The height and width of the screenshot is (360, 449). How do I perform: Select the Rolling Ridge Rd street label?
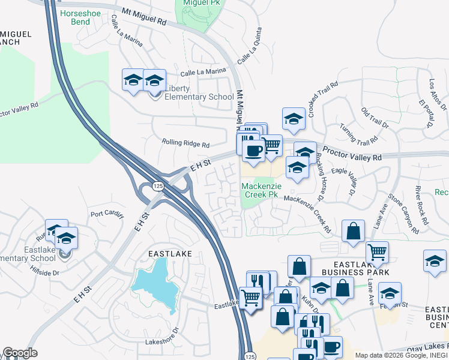click(185, 144)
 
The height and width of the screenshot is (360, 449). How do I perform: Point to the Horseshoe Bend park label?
click(76, 17)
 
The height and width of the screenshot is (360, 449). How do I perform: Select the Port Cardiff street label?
click(106, 214)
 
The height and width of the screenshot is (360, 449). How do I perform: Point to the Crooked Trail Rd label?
click(322, 99)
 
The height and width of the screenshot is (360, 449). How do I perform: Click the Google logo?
click(20, 353)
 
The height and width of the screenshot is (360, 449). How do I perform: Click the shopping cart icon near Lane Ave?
click(377, 252)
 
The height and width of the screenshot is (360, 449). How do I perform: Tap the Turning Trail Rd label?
click(358, 136)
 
